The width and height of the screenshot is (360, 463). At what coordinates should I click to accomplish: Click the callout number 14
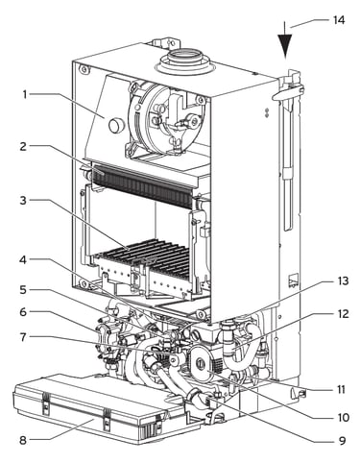point(338,20)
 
